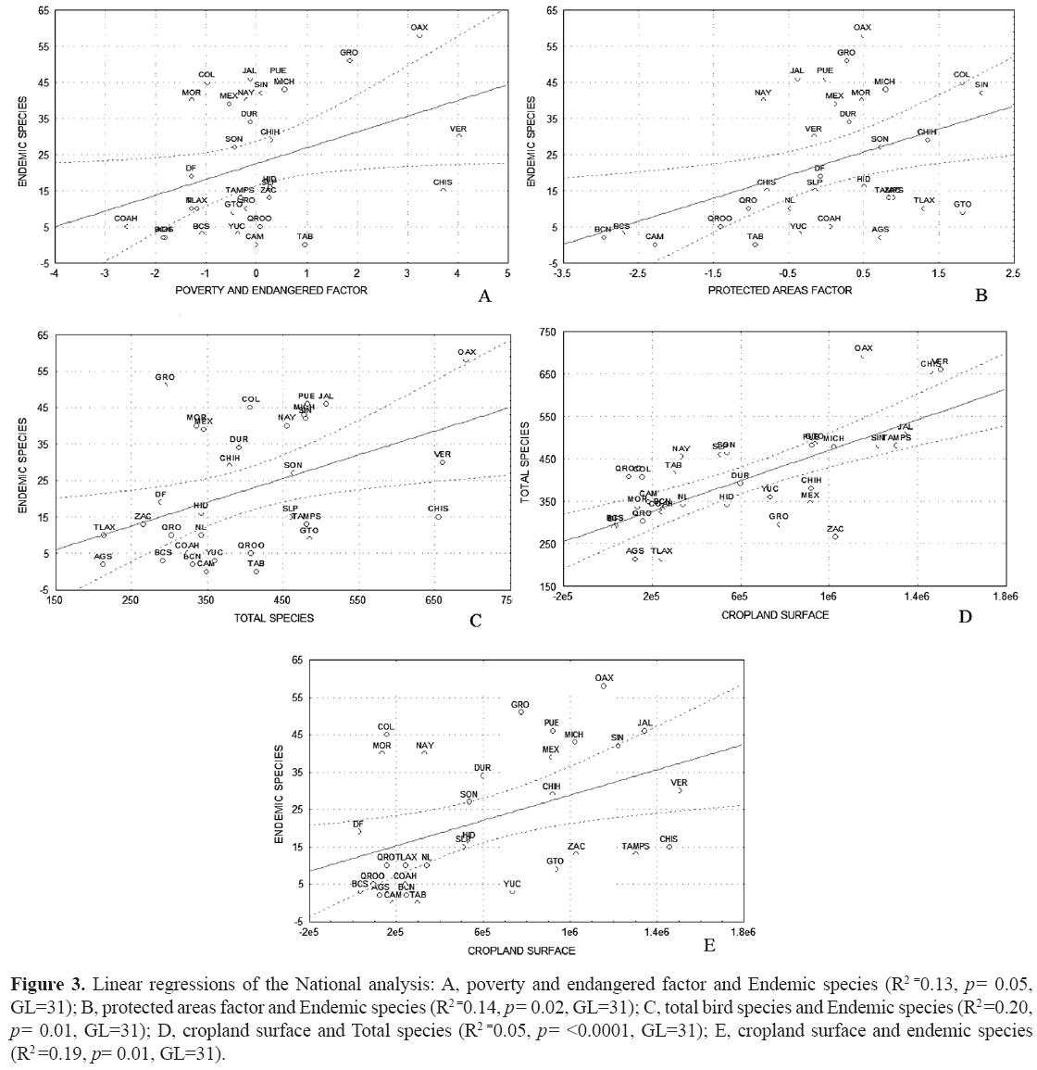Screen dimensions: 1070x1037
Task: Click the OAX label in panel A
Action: [419, 28]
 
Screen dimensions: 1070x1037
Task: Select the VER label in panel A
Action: [457, 128]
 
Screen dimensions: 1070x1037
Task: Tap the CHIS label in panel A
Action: [443, 183]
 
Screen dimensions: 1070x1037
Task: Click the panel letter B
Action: [981, 296]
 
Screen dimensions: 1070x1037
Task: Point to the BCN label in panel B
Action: [603, 229]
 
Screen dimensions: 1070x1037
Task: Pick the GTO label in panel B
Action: [963, 205]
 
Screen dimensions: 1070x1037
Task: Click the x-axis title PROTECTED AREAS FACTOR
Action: [774, 290]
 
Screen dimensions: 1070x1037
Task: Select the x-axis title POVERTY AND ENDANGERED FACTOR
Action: [271, 290]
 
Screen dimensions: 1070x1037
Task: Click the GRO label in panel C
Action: [165, 377]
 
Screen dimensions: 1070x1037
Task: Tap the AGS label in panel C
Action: [103, 557]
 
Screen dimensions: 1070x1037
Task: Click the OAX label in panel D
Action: [863, 348]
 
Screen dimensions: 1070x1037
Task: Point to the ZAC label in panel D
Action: [835, 529]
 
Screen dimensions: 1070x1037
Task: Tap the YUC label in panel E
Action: [513, 884]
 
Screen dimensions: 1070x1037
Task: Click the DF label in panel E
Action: [358, 824]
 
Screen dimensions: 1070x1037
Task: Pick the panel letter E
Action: [709, 945]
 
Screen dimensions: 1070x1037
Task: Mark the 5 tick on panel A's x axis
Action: [507, 273]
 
